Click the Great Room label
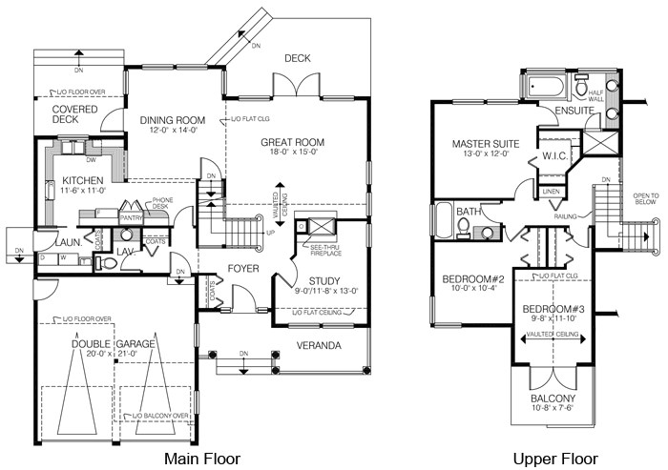click(293, 143)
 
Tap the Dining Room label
click(173, 120)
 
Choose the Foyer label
click(243, 269)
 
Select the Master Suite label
click(484, 145)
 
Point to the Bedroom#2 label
click(468, 280)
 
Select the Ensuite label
click(575, 112)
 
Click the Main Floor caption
click(202, 459)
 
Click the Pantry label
click(131, 217)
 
